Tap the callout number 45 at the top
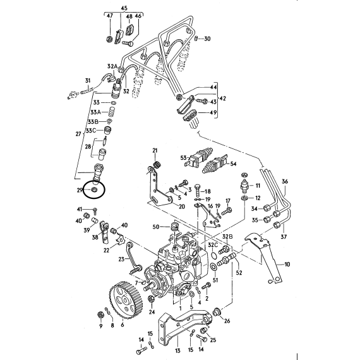point(124,8)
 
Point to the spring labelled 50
point(175,227)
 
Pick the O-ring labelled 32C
point(213,256)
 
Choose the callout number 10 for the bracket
point(287,264)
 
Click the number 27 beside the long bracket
point(78,134)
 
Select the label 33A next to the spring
point(96,112)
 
